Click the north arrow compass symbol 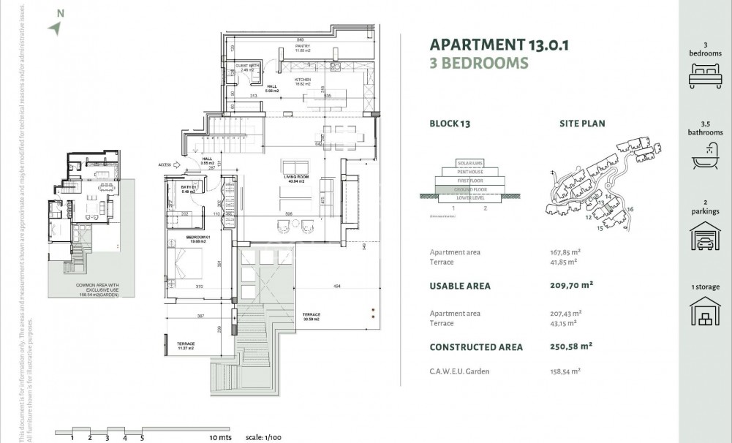pyautogui.click(x=55, y=27)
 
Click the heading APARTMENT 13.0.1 pyautogui.click(x=499, y=45)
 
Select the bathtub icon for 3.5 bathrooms pyautogui.click(x=704, y=154)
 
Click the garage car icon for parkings pyautogui.click(x=704, y=236)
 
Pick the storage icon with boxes pyautogui.click(x=704, y=312)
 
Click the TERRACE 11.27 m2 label pyautogui.click(x=186, y=346)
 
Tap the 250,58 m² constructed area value pyautogui.click(x=570, y=347)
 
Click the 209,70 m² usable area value pyautogui.click(x=570, y=286)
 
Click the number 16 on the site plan pyautogui.click(x=630, y=210)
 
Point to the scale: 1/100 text pyautogui.click(x=264, y=436)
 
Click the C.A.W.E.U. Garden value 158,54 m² pyautogui.click(x=565, y=371)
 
